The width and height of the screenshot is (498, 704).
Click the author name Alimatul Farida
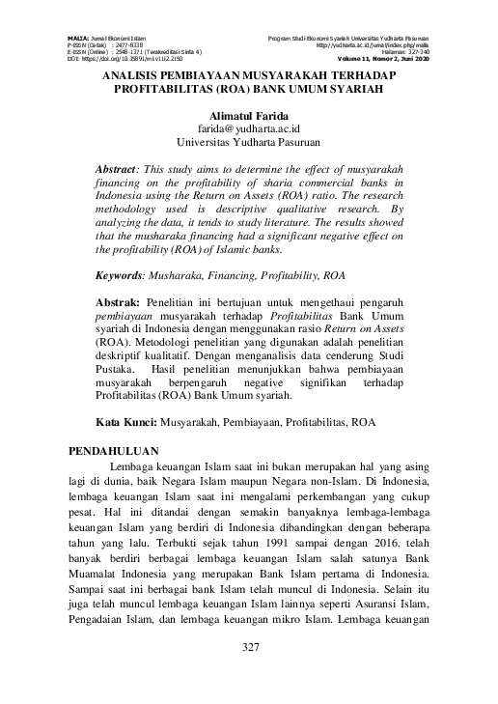(x=249, y=116)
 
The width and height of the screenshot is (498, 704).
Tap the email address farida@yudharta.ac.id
(x=249, y=128)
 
